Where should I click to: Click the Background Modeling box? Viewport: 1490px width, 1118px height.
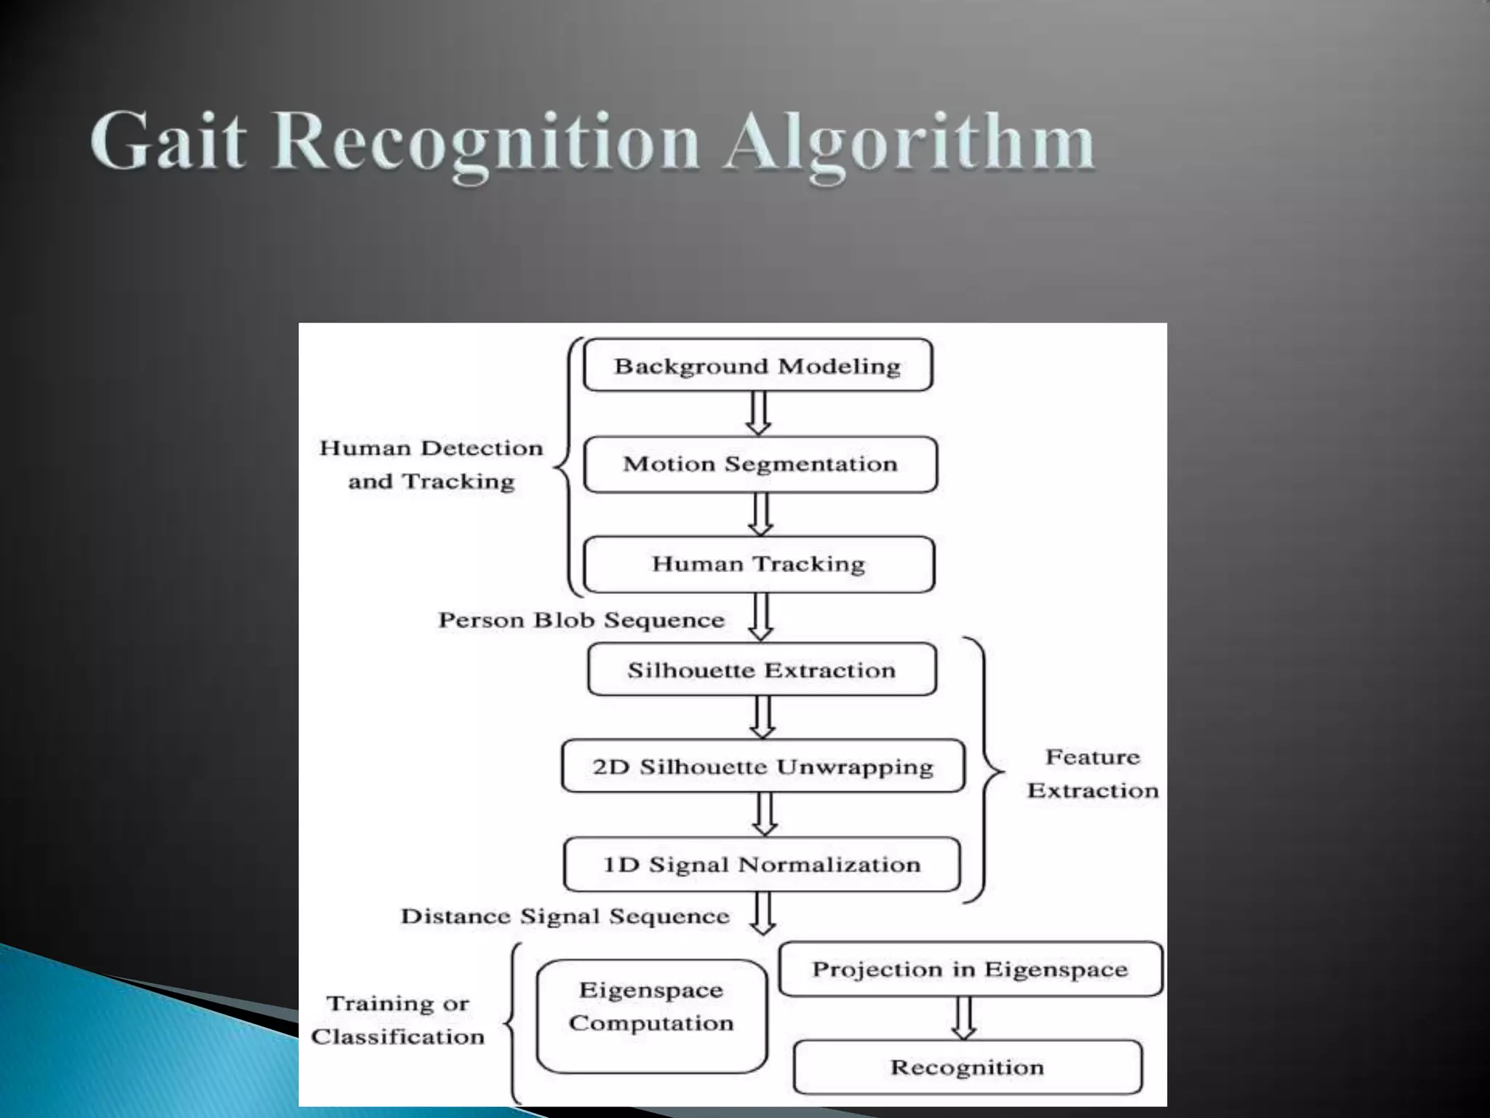tap(757, 365)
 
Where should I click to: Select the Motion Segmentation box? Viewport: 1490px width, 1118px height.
tap(760, 464)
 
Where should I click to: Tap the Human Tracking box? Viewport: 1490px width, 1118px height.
tap(759, 564)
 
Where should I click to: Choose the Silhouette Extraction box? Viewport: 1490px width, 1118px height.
tap(762, 670)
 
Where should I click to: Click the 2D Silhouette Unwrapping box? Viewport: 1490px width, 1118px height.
tap(762, 766)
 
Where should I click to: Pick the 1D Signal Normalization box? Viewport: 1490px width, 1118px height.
tap(762, 865)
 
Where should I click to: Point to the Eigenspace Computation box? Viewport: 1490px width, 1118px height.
tap(651, 1016)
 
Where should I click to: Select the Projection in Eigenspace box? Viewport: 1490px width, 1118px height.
tap(970, 970)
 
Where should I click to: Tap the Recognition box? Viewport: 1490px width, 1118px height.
tap(967, 1068)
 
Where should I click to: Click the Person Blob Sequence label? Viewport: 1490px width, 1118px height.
tap(581, 620)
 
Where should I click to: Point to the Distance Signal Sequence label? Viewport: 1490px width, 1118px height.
tap(565, 916)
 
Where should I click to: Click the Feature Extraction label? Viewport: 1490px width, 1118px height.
tap(1093, 774)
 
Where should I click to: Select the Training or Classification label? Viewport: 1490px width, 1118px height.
tap(398, 1020)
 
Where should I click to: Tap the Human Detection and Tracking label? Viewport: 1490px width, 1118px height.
tap(431, 464)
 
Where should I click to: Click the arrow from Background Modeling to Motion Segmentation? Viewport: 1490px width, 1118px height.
tap(759, 413)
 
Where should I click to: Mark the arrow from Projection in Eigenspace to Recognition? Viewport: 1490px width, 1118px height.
tap(964, 1018)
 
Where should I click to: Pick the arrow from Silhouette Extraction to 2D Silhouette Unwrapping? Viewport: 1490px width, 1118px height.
tap(762, 717)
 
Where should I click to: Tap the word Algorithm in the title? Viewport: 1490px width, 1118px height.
tap(909, 143)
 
